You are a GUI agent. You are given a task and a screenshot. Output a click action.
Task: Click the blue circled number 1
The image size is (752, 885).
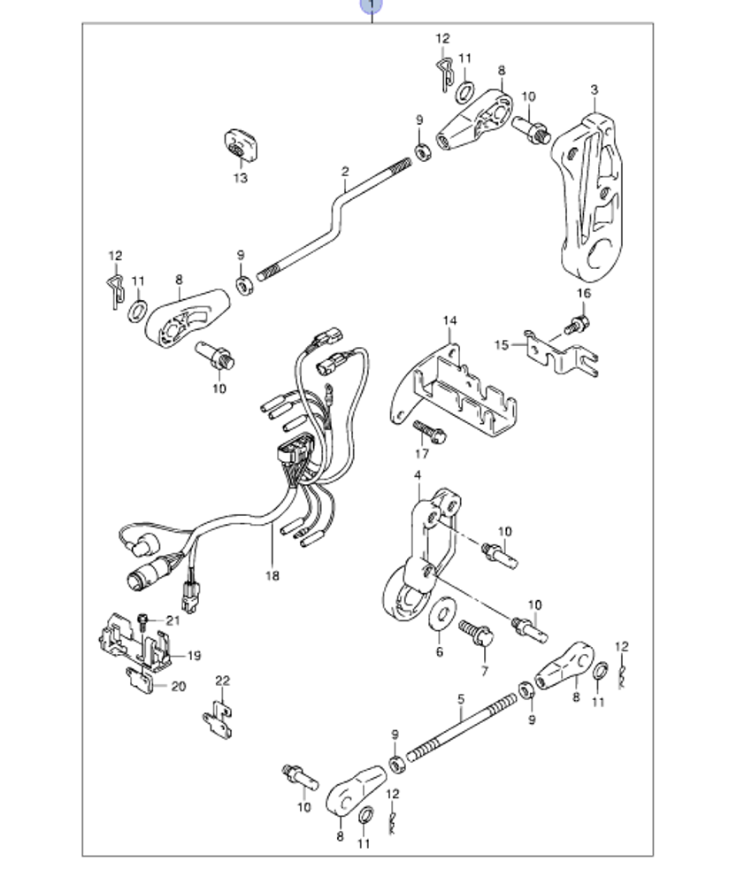(x=372, y=5)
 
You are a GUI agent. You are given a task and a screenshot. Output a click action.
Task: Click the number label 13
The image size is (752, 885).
(x=241, y=179)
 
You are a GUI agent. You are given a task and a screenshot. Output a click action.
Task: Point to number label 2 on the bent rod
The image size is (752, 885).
(x=346, y=172)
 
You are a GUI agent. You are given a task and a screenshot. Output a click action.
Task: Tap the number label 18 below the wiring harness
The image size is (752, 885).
(x=272, y=576)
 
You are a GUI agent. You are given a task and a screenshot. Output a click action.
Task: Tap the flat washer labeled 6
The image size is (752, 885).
(x=440, y=615)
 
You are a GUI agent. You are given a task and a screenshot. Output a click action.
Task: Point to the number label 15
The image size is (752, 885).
(x=502, y=345)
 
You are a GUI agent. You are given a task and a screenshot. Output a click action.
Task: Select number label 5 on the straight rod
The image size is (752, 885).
(x=461, y=698)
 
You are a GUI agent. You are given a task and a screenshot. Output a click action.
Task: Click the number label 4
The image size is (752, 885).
(x=418, y=477)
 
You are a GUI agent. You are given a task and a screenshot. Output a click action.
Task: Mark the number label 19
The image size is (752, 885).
(x=194, y=656)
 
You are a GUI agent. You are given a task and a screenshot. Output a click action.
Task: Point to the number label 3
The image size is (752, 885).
(x=595, y=89)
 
